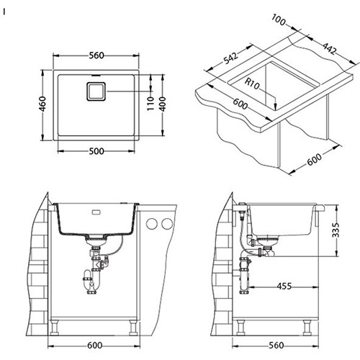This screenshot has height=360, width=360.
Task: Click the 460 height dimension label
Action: tap(42, 104)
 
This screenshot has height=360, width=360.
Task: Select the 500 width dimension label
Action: tap(96, 151)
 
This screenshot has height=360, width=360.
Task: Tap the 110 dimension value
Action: tap(150, 103)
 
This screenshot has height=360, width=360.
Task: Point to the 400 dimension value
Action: tap(163, 104)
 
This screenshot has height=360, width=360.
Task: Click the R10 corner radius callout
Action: tap(253, 84)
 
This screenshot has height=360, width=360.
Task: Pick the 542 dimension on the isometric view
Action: tap(230, 58)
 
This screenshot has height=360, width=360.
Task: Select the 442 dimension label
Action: tap(330, 48)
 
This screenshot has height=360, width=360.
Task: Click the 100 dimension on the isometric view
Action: tap(279, 19)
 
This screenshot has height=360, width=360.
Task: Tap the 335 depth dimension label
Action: tap(336, 230)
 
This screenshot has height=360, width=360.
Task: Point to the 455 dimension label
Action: tap(284, 286)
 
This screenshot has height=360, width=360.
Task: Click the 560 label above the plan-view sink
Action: tap(96, 55)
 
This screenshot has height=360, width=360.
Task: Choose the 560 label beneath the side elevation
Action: tap(276, 346)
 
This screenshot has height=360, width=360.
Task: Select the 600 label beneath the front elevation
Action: tap(94, 346)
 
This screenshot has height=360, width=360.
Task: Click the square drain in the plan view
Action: tap(96, 91)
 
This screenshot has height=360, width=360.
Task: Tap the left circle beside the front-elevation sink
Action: tap(152, 224)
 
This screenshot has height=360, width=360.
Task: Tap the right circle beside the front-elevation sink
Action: tap(167, 224)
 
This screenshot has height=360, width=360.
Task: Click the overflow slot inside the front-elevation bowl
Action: tap(96, 212)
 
